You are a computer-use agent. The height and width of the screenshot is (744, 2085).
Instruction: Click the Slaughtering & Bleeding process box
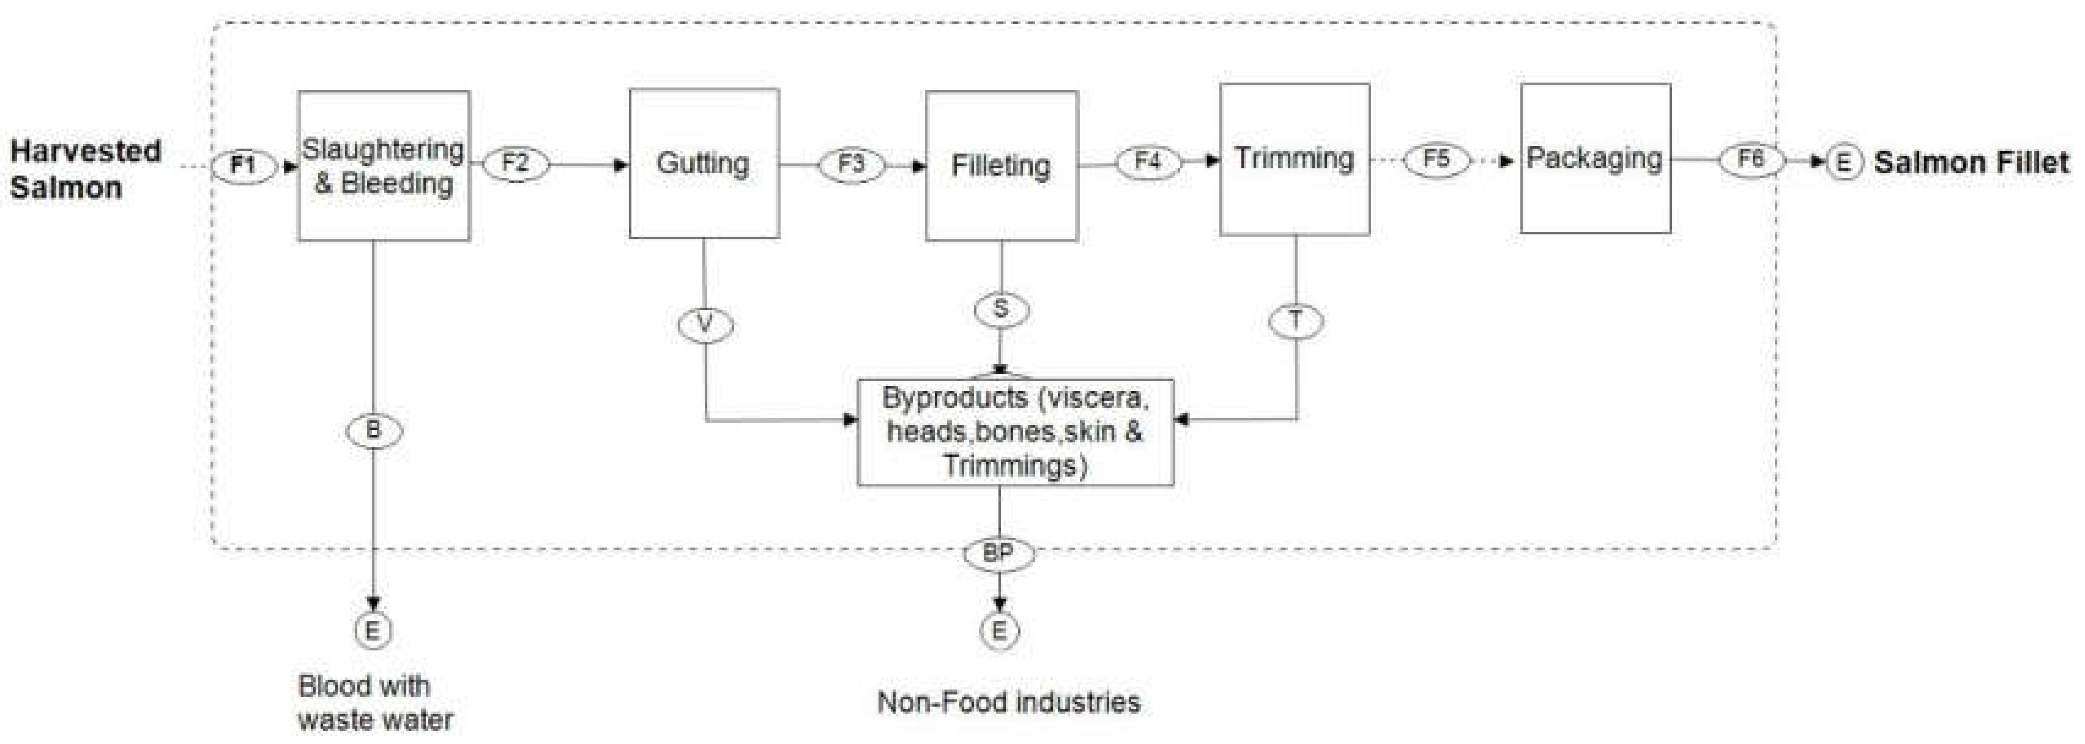tap(384, 166)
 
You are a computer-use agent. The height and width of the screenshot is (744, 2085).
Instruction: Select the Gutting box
tap(704, 163)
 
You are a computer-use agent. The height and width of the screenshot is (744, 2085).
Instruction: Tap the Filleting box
tap(1002, 166)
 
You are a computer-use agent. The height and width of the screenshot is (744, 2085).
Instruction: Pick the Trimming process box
tap(1294, 160)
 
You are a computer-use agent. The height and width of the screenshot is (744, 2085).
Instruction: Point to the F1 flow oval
tap(243, 166)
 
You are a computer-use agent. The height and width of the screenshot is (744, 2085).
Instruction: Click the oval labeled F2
tap(516, 163)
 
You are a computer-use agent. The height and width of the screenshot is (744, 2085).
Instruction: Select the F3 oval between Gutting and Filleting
tap(850, 165)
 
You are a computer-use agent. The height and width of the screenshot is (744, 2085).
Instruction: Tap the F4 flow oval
tap(1148, 161)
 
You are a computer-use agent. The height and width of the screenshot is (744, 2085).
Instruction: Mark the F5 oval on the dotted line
tap(1436, 158)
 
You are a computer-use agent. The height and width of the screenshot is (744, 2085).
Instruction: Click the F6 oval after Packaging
tap(1751, 158)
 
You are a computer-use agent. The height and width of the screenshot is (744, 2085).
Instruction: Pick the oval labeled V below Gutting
tap(705, 325)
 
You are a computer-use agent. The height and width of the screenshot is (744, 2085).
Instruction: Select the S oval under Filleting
tap(1002, 309)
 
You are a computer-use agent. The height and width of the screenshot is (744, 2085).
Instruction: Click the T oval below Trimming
tap(1296, 321)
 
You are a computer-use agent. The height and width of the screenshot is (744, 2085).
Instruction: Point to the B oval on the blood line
tap(373, 430)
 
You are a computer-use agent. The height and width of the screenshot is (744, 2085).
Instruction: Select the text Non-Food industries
tap(1008, 702)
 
